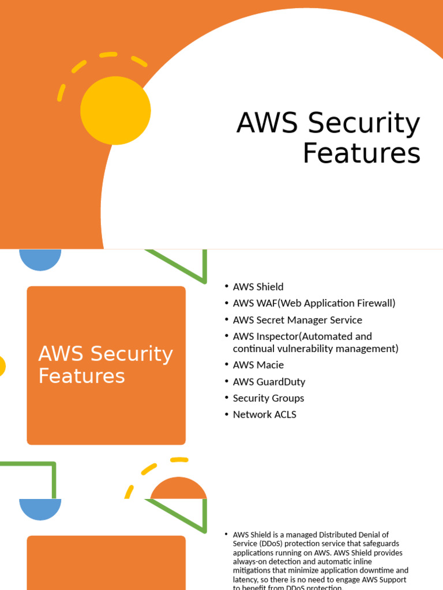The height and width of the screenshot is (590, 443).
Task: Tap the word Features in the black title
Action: pos(362,153)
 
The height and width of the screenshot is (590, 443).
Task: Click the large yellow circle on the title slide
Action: pos(115,111)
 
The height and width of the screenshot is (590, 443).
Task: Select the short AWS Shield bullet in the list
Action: pos(258,286)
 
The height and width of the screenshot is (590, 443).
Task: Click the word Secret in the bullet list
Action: pos(274,320)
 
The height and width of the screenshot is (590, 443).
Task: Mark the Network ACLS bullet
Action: pos(264,414)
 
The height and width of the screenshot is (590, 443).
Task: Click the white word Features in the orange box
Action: pos(81,376)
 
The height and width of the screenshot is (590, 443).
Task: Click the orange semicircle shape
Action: pos(178,489)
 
